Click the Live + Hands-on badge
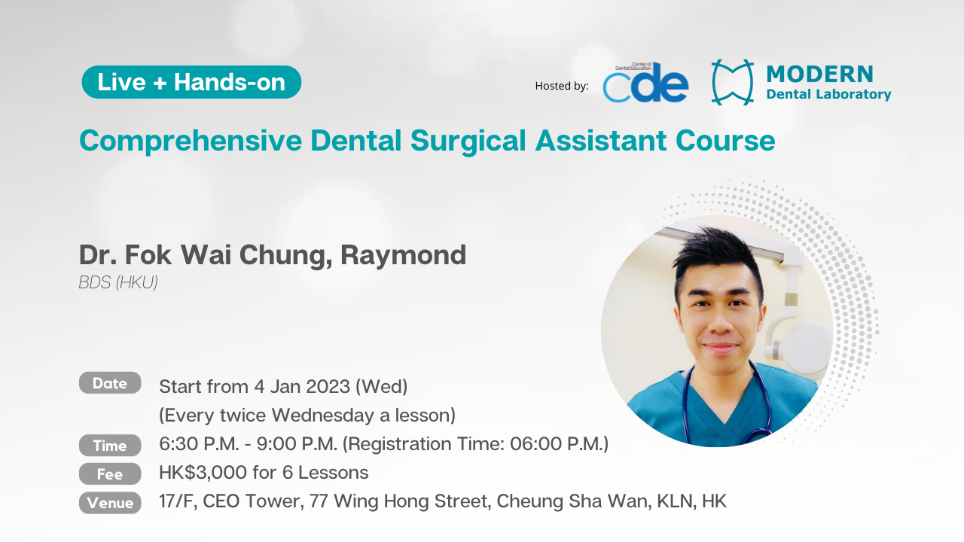[x=191, y=82]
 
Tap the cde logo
[x=645, y=83]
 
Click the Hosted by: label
[x=562, y=86]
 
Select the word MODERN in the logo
[x=820, y=74]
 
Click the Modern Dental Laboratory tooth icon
[x=733, y=82]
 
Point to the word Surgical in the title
[x=468, y=141]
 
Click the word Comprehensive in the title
[x=191, y=141]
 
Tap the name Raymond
[x=403, y=255]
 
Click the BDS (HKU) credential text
[x=118, y=282]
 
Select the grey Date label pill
[x=110, y=383]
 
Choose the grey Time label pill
[x=110, y=445]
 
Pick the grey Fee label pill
[x=110, y=474]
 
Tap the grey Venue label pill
[x=110, y=503]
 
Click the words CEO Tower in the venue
[x=252, y=501]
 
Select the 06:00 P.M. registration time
[x=559, y=444]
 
